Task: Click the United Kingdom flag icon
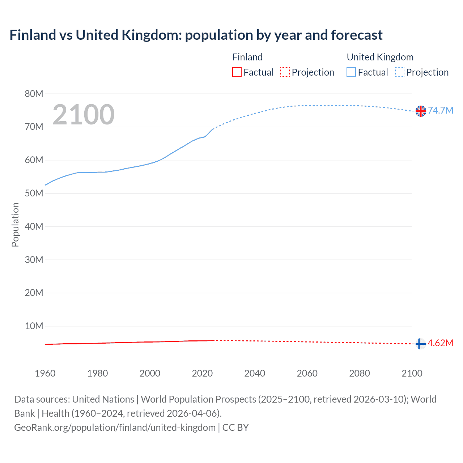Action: click(421, 111)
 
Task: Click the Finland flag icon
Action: click(420, 344)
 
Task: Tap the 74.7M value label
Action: click(440, 110)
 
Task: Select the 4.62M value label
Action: click(440, 343)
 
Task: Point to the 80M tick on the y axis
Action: click(34, 94)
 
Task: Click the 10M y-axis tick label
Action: click(34, 326)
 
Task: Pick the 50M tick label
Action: click(34, 193)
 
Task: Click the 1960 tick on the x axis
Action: click(45, 373)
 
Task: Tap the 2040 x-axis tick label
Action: click(255, 373)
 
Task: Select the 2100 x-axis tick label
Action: click(412, 373)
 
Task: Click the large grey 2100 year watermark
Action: click(84, 115)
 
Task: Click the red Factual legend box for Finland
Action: click(237, 72)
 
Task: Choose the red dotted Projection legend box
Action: click(285, 72)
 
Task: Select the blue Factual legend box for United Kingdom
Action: click(351, 72)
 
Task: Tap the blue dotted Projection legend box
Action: click(399, 72)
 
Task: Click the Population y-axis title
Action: click(15, 225)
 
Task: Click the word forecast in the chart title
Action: click(357, 35)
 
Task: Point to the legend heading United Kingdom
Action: click(380, 57)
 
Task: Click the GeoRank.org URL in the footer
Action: click(115, 428)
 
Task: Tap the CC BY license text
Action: click(235, 428)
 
